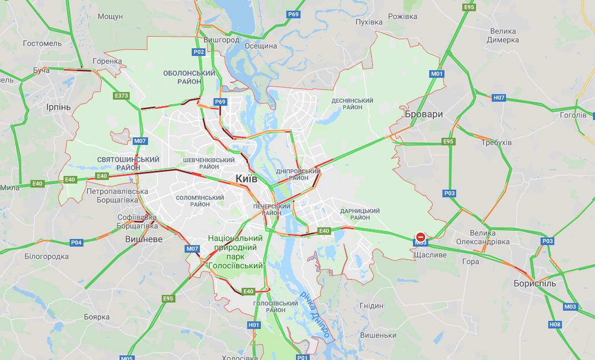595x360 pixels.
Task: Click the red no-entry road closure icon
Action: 421,237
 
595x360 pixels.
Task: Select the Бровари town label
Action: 424,114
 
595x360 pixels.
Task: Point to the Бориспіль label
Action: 534,283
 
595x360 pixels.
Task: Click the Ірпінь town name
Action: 58,107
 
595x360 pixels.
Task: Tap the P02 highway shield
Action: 198,52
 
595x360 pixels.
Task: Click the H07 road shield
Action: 499,97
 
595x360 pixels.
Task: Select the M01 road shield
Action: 437,74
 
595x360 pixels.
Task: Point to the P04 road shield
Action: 76,243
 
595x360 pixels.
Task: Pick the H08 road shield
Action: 555,324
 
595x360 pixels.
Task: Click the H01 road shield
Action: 254,325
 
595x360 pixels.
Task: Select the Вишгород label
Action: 221,40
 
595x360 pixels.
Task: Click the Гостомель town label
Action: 43,43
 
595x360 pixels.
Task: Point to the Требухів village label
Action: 496,142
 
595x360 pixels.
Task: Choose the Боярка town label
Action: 97,317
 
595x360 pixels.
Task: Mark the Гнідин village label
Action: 371,306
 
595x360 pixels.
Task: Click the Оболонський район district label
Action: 189,77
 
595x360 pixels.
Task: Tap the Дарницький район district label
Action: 360,214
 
